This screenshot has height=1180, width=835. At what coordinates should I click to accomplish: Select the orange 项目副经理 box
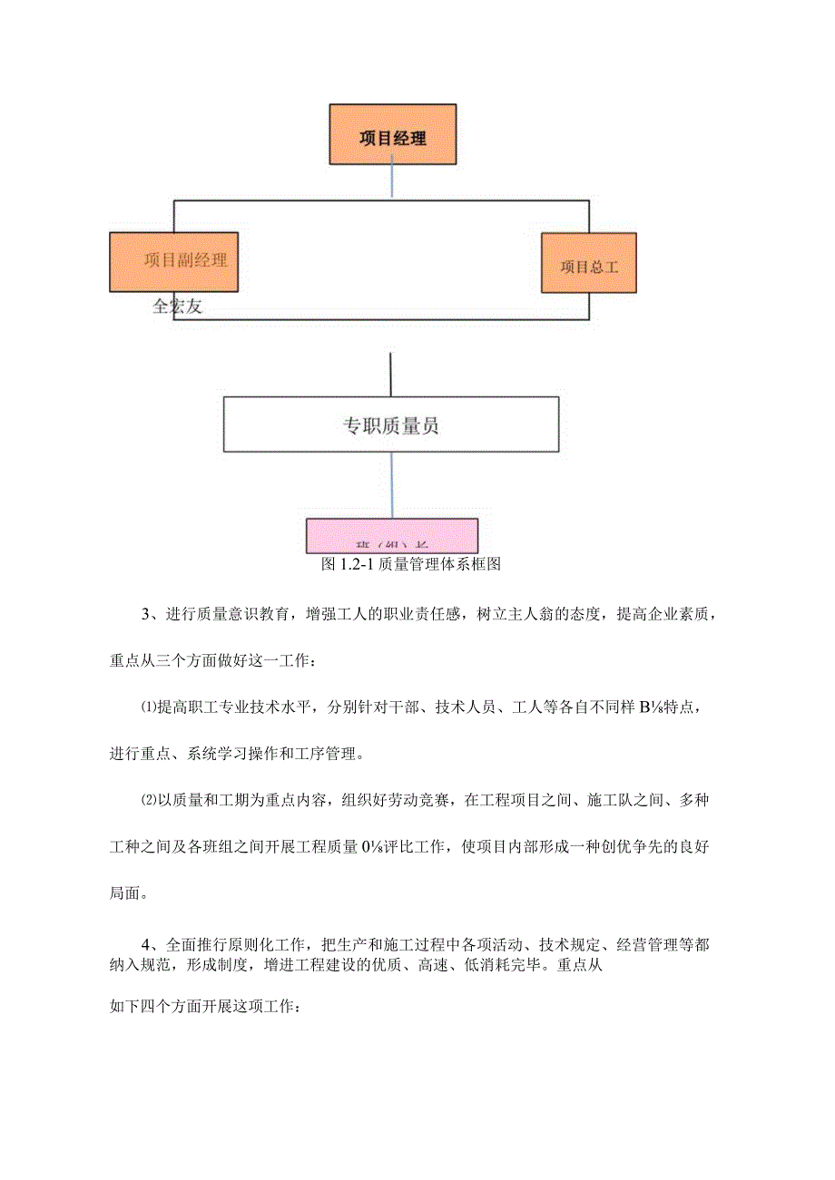(x=173, y=261)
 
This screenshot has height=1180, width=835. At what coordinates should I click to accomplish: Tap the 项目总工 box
(x=588, y=263)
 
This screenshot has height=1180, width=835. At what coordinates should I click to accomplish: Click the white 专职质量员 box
(x=391, y=424)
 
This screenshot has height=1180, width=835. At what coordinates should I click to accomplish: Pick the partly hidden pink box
(x=392, y=536)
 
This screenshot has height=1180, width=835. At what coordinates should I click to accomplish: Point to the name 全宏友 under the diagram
(x=177, y=307)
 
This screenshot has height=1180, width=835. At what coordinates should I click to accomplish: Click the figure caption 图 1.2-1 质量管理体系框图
(x=411, y=564)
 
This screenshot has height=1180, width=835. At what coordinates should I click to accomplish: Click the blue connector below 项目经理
(x=391, y=180)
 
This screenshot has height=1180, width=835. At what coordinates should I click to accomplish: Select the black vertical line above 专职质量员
(x=390, y=375)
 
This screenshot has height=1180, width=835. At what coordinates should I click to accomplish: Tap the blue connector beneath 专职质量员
(x=392, y=485)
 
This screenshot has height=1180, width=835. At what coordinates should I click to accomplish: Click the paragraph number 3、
(x=151, y=614)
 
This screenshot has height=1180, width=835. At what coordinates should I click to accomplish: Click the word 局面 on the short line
(x=127, y=892)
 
